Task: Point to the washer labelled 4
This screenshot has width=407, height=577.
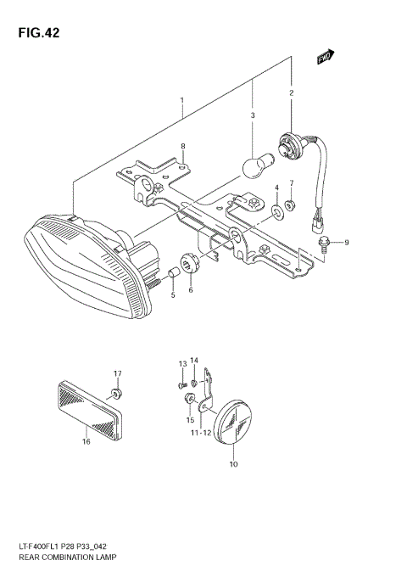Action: [x=276, y=208]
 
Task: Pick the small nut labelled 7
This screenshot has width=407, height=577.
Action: [x=290, y=204]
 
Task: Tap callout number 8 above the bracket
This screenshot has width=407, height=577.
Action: [x=182, y=146]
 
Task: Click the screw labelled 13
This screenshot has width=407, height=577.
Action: [x=184, y=386]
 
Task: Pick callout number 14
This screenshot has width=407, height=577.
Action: [x=193, y=361]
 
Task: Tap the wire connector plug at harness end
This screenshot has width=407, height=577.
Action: [x=315, y=226]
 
